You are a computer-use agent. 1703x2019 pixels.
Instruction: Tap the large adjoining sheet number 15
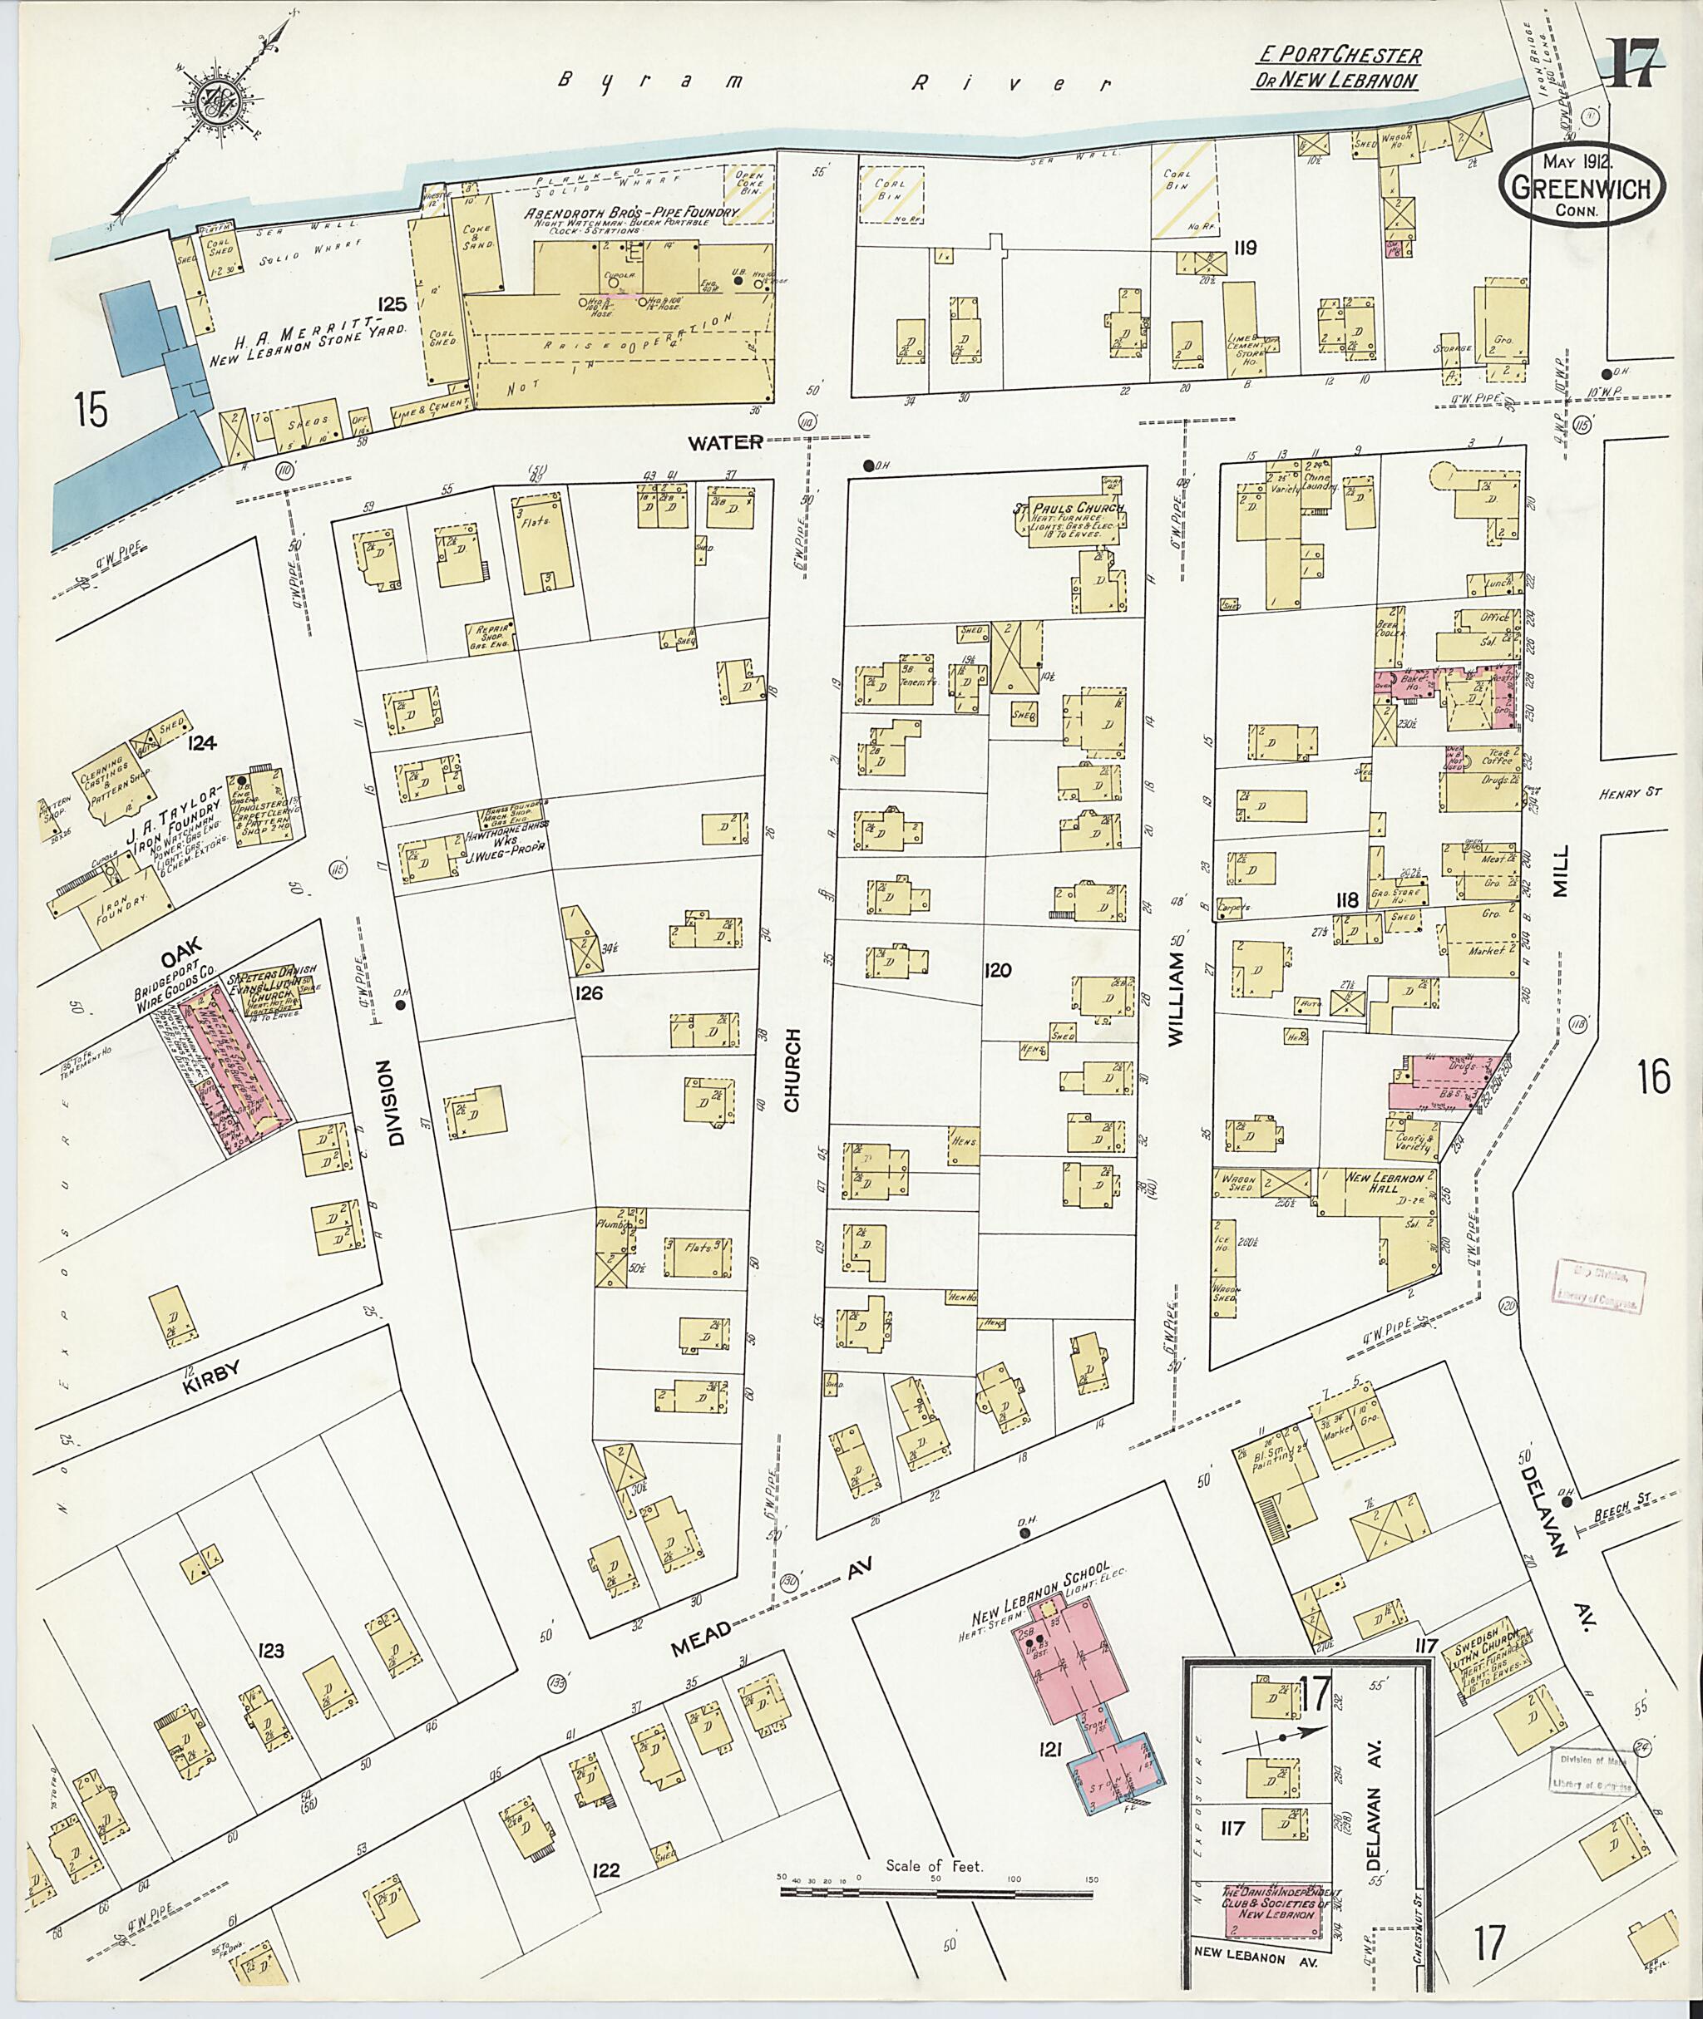point(91,411)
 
